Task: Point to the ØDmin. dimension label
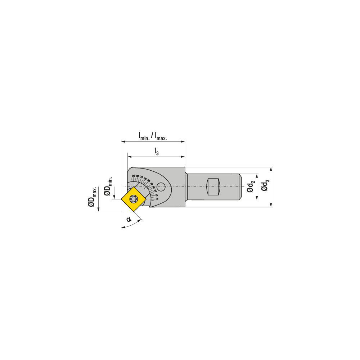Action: pos(108,186)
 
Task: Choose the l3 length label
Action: pos(156,152)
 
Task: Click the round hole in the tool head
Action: pos(162,186)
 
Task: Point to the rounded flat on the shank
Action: pos(212,187)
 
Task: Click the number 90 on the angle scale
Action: pos(134,176)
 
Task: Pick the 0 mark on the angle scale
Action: pos(157,199)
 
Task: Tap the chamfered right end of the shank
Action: pos(239,187)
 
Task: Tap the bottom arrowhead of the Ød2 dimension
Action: pos(257,198)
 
